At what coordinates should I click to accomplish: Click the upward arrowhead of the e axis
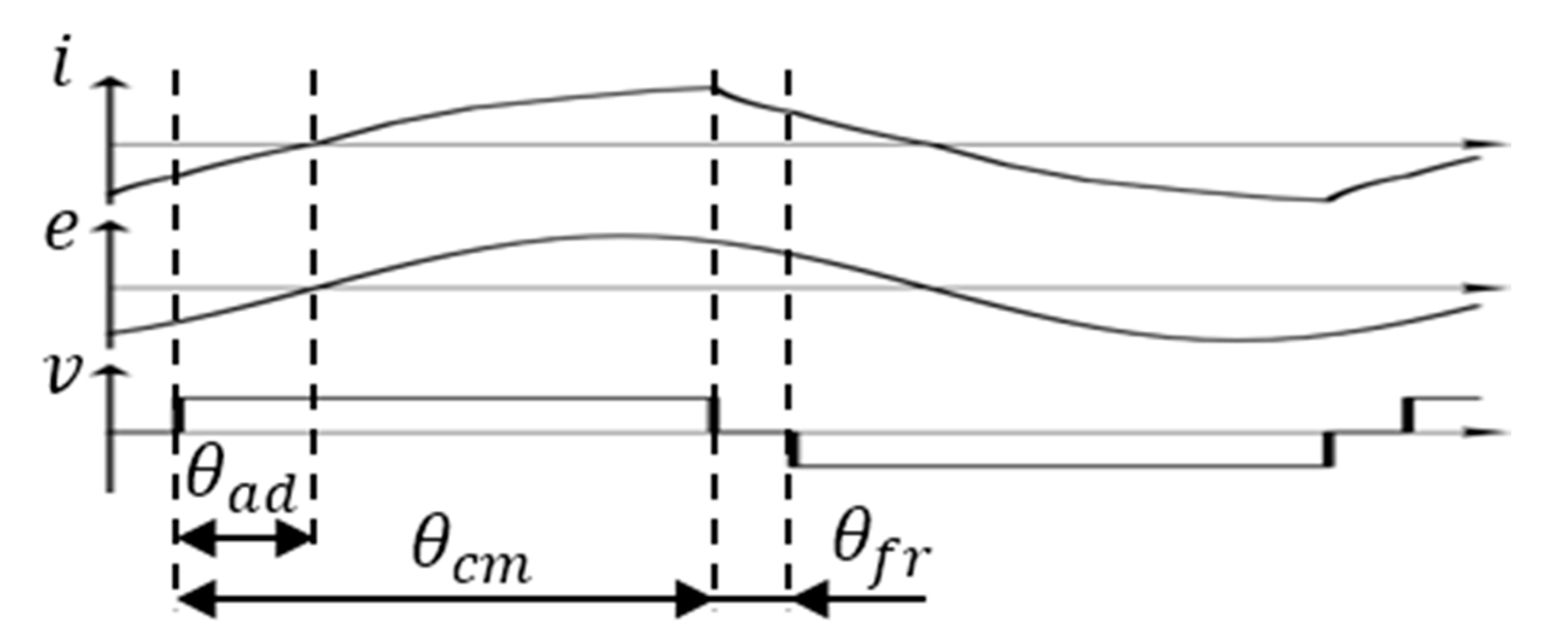110,227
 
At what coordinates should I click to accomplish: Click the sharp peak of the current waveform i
712,88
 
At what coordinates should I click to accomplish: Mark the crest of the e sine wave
621,234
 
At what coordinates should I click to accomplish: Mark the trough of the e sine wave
1230,341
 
